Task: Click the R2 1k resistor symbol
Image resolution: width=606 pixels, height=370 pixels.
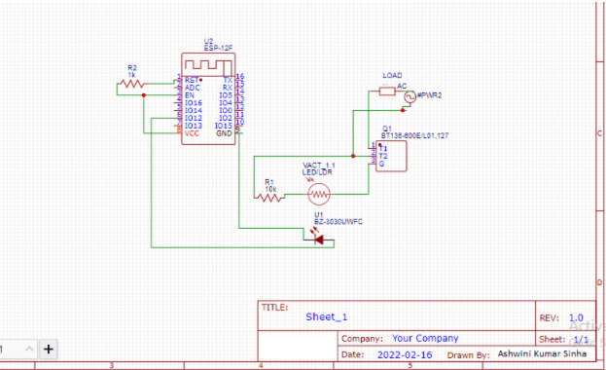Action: point(130,85)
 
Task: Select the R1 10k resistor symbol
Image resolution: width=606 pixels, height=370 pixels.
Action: point(269,197)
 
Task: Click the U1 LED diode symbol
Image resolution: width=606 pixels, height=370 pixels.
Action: point(318,239)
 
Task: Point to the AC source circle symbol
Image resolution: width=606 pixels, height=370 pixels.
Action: point(409,95)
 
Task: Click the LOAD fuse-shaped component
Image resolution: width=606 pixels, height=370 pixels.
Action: point(387,92)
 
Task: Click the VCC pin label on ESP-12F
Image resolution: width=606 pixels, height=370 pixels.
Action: point(193,133)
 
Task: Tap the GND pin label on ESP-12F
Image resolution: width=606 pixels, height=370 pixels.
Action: point(224,133)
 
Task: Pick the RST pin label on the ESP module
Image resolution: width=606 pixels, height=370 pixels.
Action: point(192,79)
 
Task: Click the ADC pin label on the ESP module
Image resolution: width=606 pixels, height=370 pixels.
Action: point(193,87)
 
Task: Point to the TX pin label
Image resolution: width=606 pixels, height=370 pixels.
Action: point(227,79)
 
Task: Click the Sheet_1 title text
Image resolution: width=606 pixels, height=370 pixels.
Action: point(326,317)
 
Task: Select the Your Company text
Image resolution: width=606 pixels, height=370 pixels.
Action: point(425,339)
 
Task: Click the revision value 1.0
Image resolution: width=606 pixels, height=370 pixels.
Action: point(576,317)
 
